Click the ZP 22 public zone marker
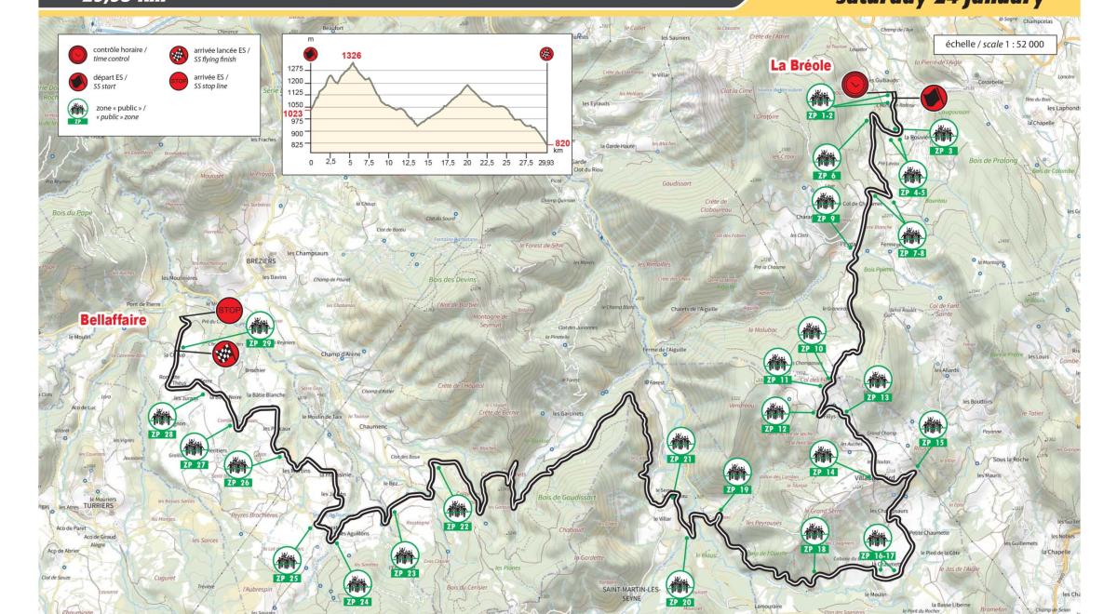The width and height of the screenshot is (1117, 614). click(457, 511)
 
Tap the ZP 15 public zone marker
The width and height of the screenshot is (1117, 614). click(933, 428)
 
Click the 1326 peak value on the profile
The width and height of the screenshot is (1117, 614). click(351, 56)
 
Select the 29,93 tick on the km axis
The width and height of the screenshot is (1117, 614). click(546, 163)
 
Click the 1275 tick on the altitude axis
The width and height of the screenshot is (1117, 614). click(296, 69)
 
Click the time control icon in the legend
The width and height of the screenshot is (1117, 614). click(76, 52)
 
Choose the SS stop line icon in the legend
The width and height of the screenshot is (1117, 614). click(179, 81)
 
